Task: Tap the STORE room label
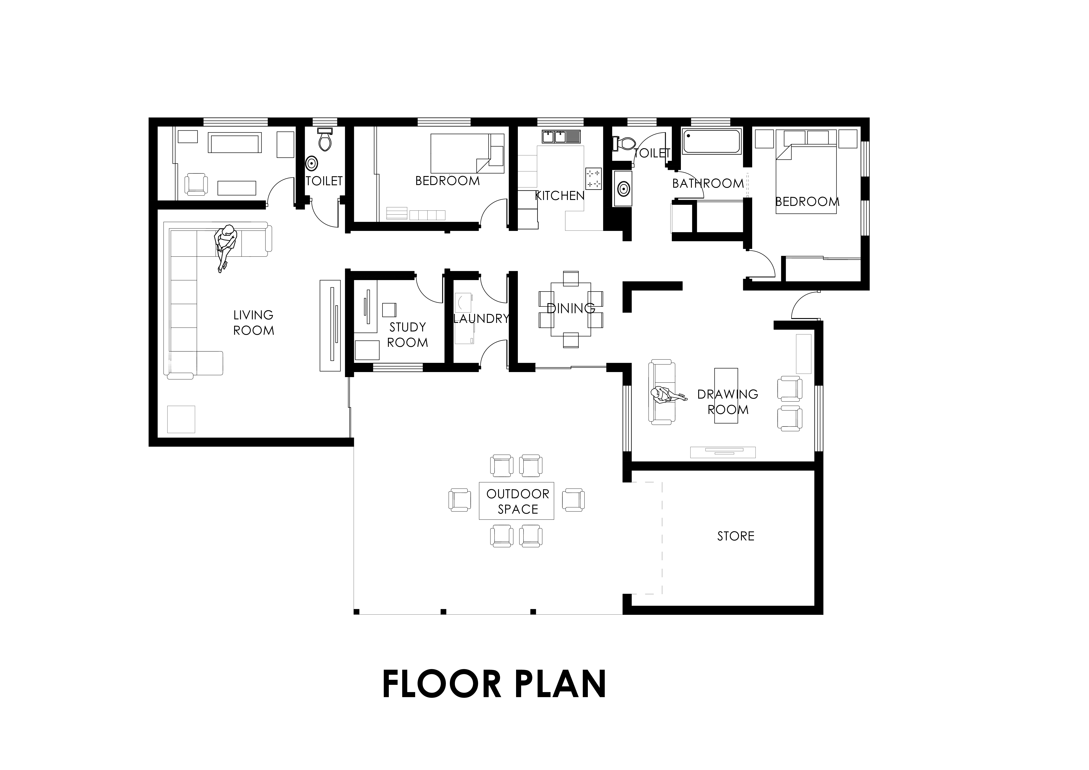point(736,536)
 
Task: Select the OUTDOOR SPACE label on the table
point(517,502)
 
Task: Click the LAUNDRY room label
point(481,318)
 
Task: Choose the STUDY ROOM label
point(407,335)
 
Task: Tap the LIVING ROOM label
point(253,323)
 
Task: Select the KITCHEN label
point(560,196)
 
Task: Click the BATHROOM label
point(708,183)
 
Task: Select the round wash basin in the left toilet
point(312,164)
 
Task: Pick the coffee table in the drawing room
point(726,395)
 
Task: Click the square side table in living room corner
point(181,419)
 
